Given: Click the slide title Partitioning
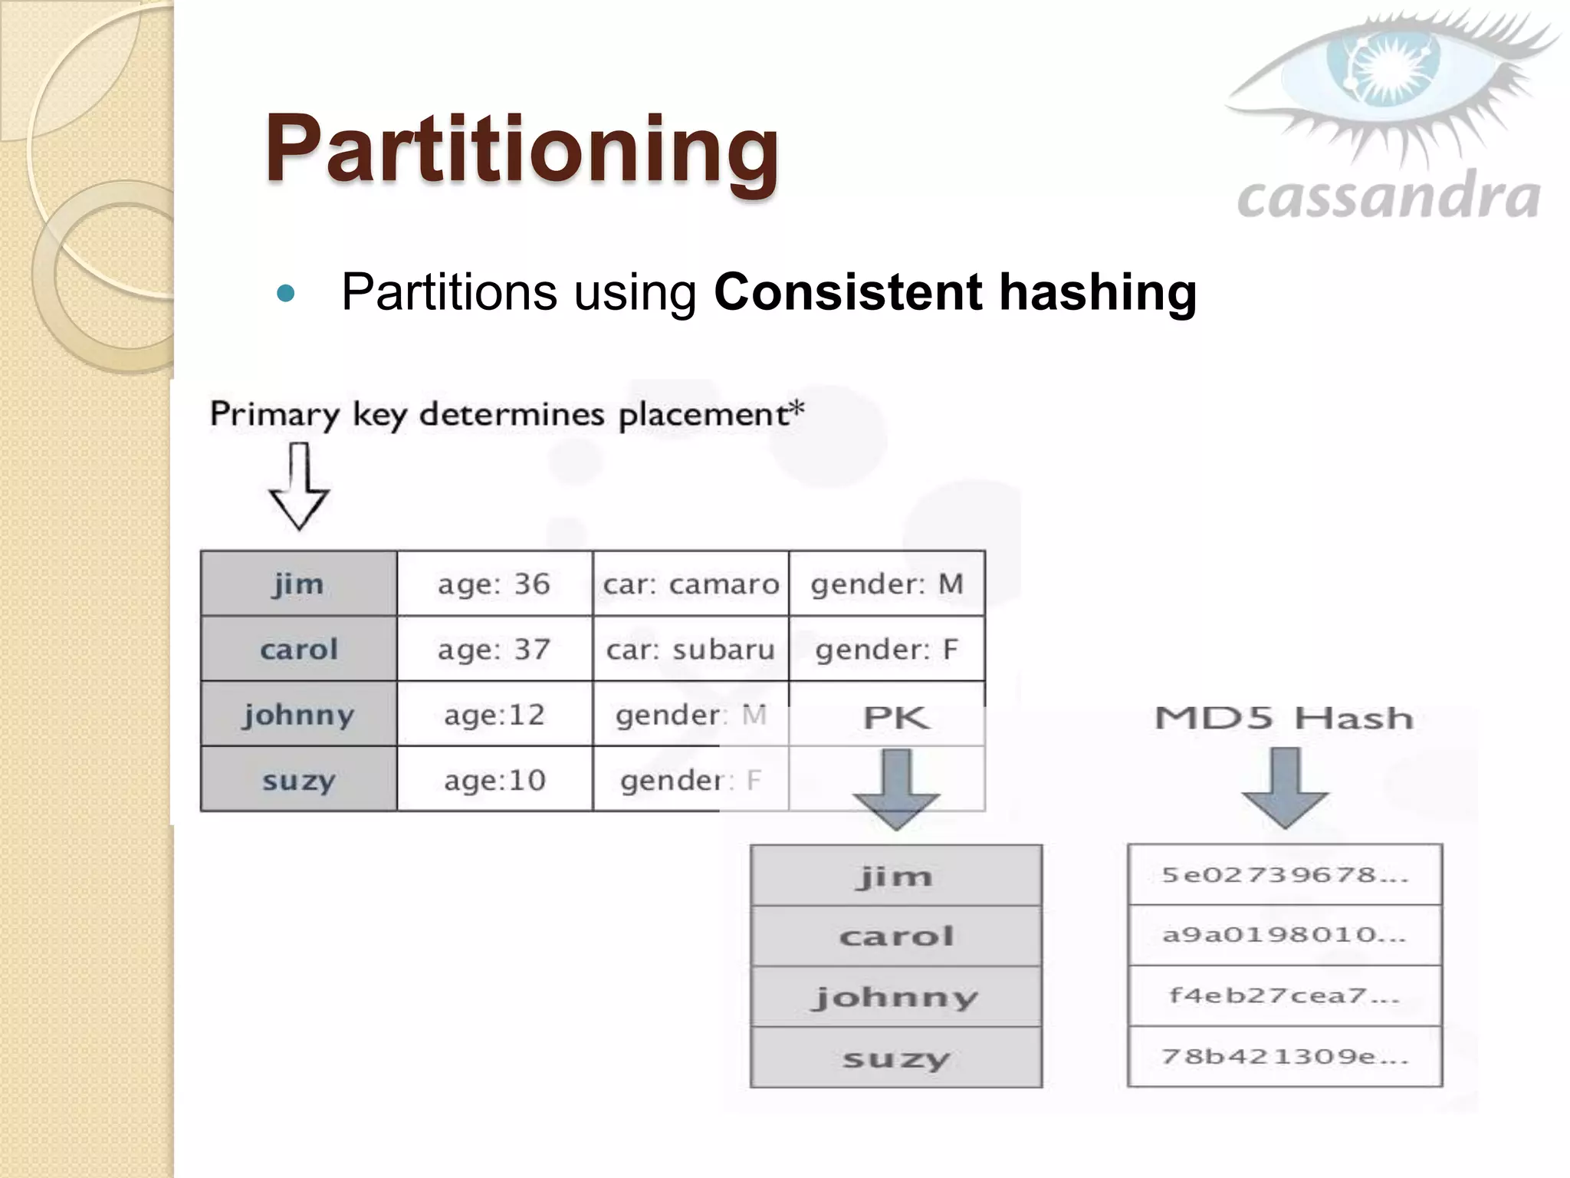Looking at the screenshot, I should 521,150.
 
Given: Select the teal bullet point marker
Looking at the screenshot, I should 285,293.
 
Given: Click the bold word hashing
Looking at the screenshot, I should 1098,292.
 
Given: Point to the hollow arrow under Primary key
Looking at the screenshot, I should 299,488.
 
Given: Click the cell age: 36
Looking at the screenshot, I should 494,584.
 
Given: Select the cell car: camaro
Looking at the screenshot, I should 691,584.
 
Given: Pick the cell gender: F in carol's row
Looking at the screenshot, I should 887,650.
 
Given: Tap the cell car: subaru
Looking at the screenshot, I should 691,650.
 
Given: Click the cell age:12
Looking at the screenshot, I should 494,715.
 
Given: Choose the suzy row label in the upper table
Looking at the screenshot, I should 299,780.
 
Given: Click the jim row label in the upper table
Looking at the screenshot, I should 299,584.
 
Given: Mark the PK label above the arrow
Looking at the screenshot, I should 895,719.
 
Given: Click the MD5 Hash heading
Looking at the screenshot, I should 1284,719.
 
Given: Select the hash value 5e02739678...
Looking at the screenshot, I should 1285,875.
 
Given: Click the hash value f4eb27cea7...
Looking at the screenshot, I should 1285,995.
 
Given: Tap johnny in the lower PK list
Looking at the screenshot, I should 895,997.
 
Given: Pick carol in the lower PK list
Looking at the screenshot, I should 895,936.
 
